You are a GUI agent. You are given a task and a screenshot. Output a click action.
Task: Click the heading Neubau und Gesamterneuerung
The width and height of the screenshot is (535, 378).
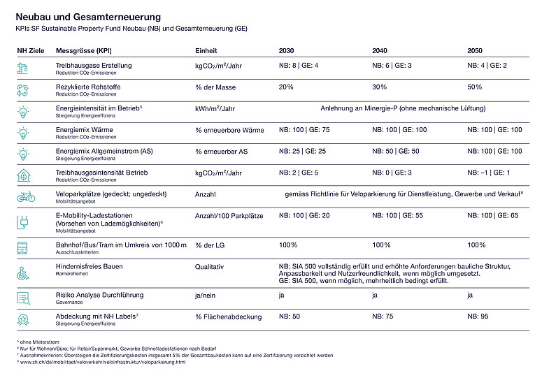pos(88,15)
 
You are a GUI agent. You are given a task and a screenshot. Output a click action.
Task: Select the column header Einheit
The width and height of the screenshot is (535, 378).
pos(206,51)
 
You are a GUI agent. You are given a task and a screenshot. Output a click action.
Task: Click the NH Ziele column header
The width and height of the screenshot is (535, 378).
pos(30,51)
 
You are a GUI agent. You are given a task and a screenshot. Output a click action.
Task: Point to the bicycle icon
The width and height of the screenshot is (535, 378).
pos(25,196)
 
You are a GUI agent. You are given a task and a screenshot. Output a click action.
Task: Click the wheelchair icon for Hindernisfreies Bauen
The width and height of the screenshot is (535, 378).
pos(23,273)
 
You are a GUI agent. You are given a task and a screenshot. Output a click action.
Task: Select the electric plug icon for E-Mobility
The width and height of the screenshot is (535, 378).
pos(23,222)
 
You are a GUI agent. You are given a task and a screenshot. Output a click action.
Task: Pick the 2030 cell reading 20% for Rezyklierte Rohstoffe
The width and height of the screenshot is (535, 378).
pos(286,87)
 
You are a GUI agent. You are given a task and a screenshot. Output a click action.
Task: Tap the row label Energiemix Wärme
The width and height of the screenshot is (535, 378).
pos(84,129)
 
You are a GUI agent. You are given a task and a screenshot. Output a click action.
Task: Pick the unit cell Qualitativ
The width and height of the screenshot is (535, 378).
pos(209,266)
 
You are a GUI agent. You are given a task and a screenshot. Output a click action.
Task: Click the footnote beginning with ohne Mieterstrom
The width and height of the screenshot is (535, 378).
pos(38,342)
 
